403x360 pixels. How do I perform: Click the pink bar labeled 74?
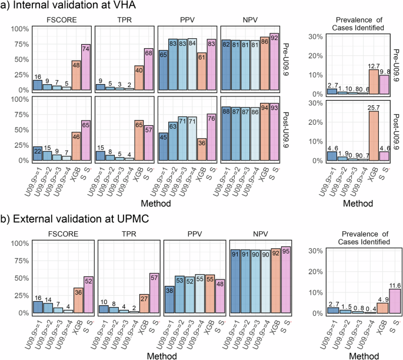click(x=86, y=68)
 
